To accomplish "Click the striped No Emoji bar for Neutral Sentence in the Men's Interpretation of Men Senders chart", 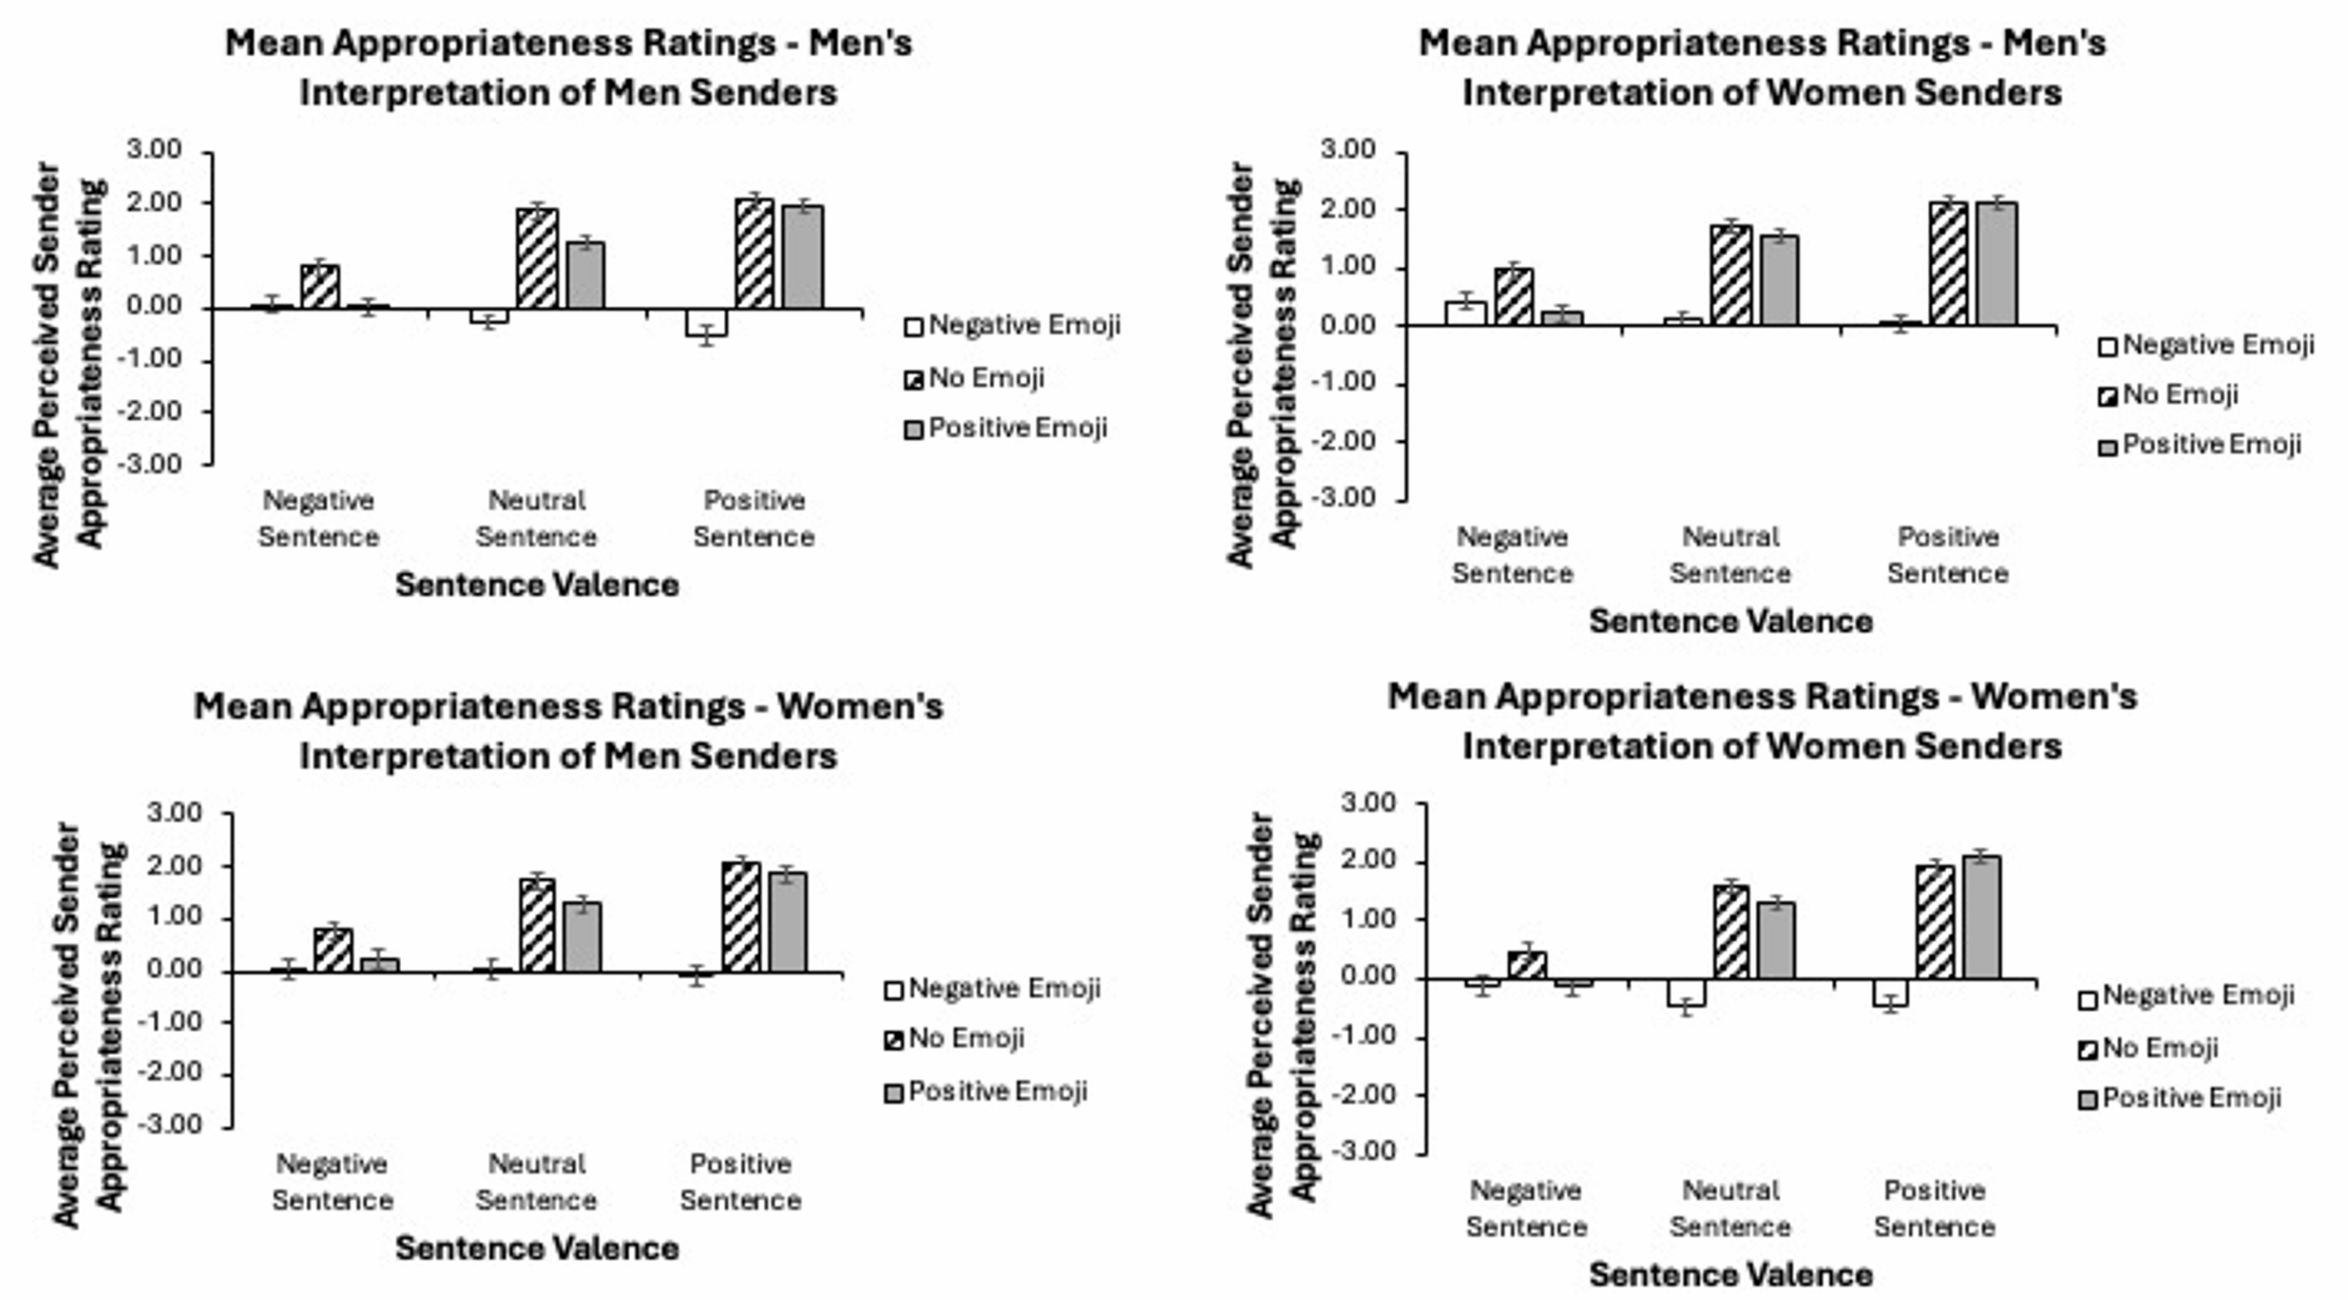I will (537, 260).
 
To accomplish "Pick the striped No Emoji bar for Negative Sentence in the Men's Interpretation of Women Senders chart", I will (1513, 297).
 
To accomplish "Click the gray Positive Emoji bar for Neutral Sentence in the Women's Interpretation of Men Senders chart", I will (582, 938).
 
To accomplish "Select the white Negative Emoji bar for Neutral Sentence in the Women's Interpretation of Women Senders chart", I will (1686, 993).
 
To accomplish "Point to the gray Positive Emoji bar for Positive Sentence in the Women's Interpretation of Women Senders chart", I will (1981, 917).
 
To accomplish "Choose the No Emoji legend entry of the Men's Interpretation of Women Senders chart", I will (2169, 395).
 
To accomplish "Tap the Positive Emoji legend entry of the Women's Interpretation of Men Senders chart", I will (986, 1092).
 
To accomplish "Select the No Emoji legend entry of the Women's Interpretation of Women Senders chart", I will (2149, 1048).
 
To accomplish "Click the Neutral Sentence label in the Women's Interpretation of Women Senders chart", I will (1730, 1208).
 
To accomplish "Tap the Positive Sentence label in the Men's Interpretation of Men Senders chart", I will (754, 518).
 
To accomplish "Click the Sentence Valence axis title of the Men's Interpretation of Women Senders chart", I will (1730, 621).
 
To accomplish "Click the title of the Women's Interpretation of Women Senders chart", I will (1761, 722).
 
